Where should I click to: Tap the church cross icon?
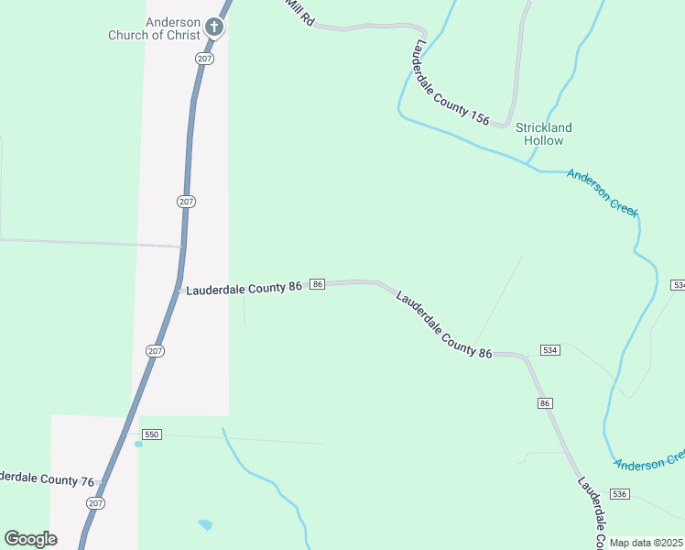click(x=214, y=27)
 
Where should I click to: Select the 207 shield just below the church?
click(x=203, y=58)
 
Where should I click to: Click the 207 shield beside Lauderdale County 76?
click(x=96, y=503)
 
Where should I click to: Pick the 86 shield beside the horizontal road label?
click(x=317, y=285)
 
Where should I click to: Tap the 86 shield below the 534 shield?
click(x=546, y=403)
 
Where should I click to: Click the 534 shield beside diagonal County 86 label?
click(x=550, y=351)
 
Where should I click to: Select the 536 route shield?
click(x=620, y=494)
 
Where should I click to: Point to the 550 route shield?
click(x=152, y=434)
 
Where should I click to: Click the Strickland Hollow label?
click(x=543, y=134)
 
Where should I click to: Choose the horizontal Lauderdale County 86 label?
click(x=245, y=289)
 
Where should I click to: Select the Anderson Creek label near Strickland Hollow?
click(x=602, y=192)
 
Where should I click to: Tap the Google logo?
click(x=30, y=539)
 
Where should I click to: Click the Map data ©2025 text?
click(x=647, y=543)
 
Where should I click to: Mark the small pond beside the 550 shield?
click(x=138, y=444)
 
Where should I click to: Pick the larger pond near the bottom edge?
click(x=205, y=525)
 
